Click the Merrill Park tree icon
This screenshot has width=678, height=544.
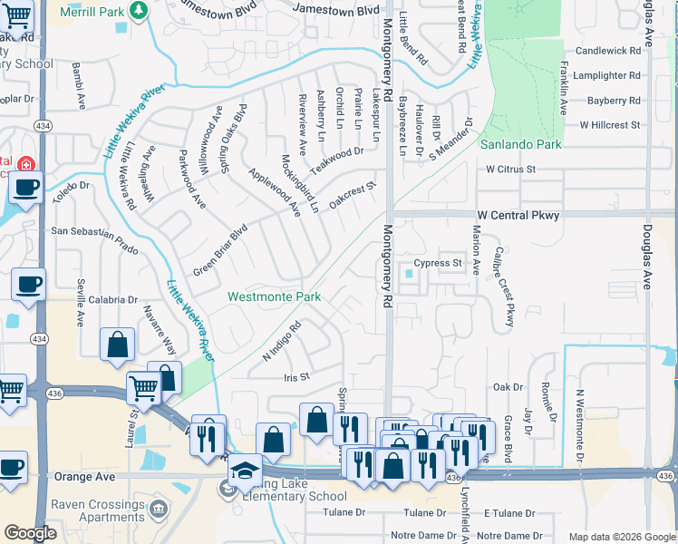(x=139, y=10)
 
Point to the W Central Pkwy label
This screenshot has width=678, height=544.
(x=518, y=216)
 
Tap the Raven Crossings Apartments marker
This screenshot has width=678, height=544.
(x=160, y=507)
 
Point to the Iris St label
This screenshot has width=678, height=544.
(x=297, y=376)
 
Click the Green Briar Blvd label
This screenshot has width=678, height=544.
(x=220, y=251)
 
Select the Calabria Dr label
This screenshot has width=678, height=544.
(x=113, y=299)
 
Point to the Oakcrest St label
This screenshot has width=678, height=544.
(x=353, y=195)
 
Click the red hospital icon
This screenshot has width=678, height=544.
(x=26, y=165)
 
